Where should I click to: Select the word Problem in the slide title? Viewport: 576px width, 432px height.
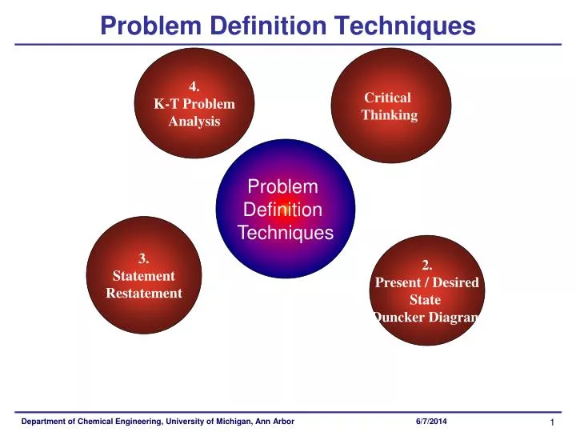151,26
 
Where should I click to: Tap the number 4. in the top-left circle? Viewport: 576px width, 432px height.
194,86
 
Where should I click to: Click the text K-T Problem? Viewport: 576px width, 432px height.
194,104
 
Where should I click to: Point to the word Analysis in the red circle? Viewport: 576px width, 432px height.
194,122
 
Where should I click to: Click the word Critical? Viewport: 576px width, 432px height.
388,98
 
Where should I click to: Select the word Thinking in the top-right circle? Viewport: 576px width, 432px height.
389,115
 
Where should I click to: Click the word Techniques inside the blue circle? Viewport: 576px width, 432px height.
286,233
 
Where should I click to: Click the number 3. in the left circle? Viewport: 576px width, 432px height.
144,258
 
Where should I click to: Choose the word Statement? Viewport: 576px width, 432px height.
144,276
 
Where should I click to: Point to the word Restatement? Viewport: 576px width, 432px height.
144,293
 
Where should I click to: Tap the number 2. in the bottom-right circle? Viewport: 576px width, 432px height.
427,265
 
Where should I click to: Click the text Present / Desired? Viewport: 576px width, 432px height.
427,282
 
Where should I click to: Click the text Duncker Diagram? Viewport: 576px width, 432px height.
426,318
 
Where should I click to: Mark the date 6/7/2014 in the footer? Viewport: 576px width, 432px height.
432,421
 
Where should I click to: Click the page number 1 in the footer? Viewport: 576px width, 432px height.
552,422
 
